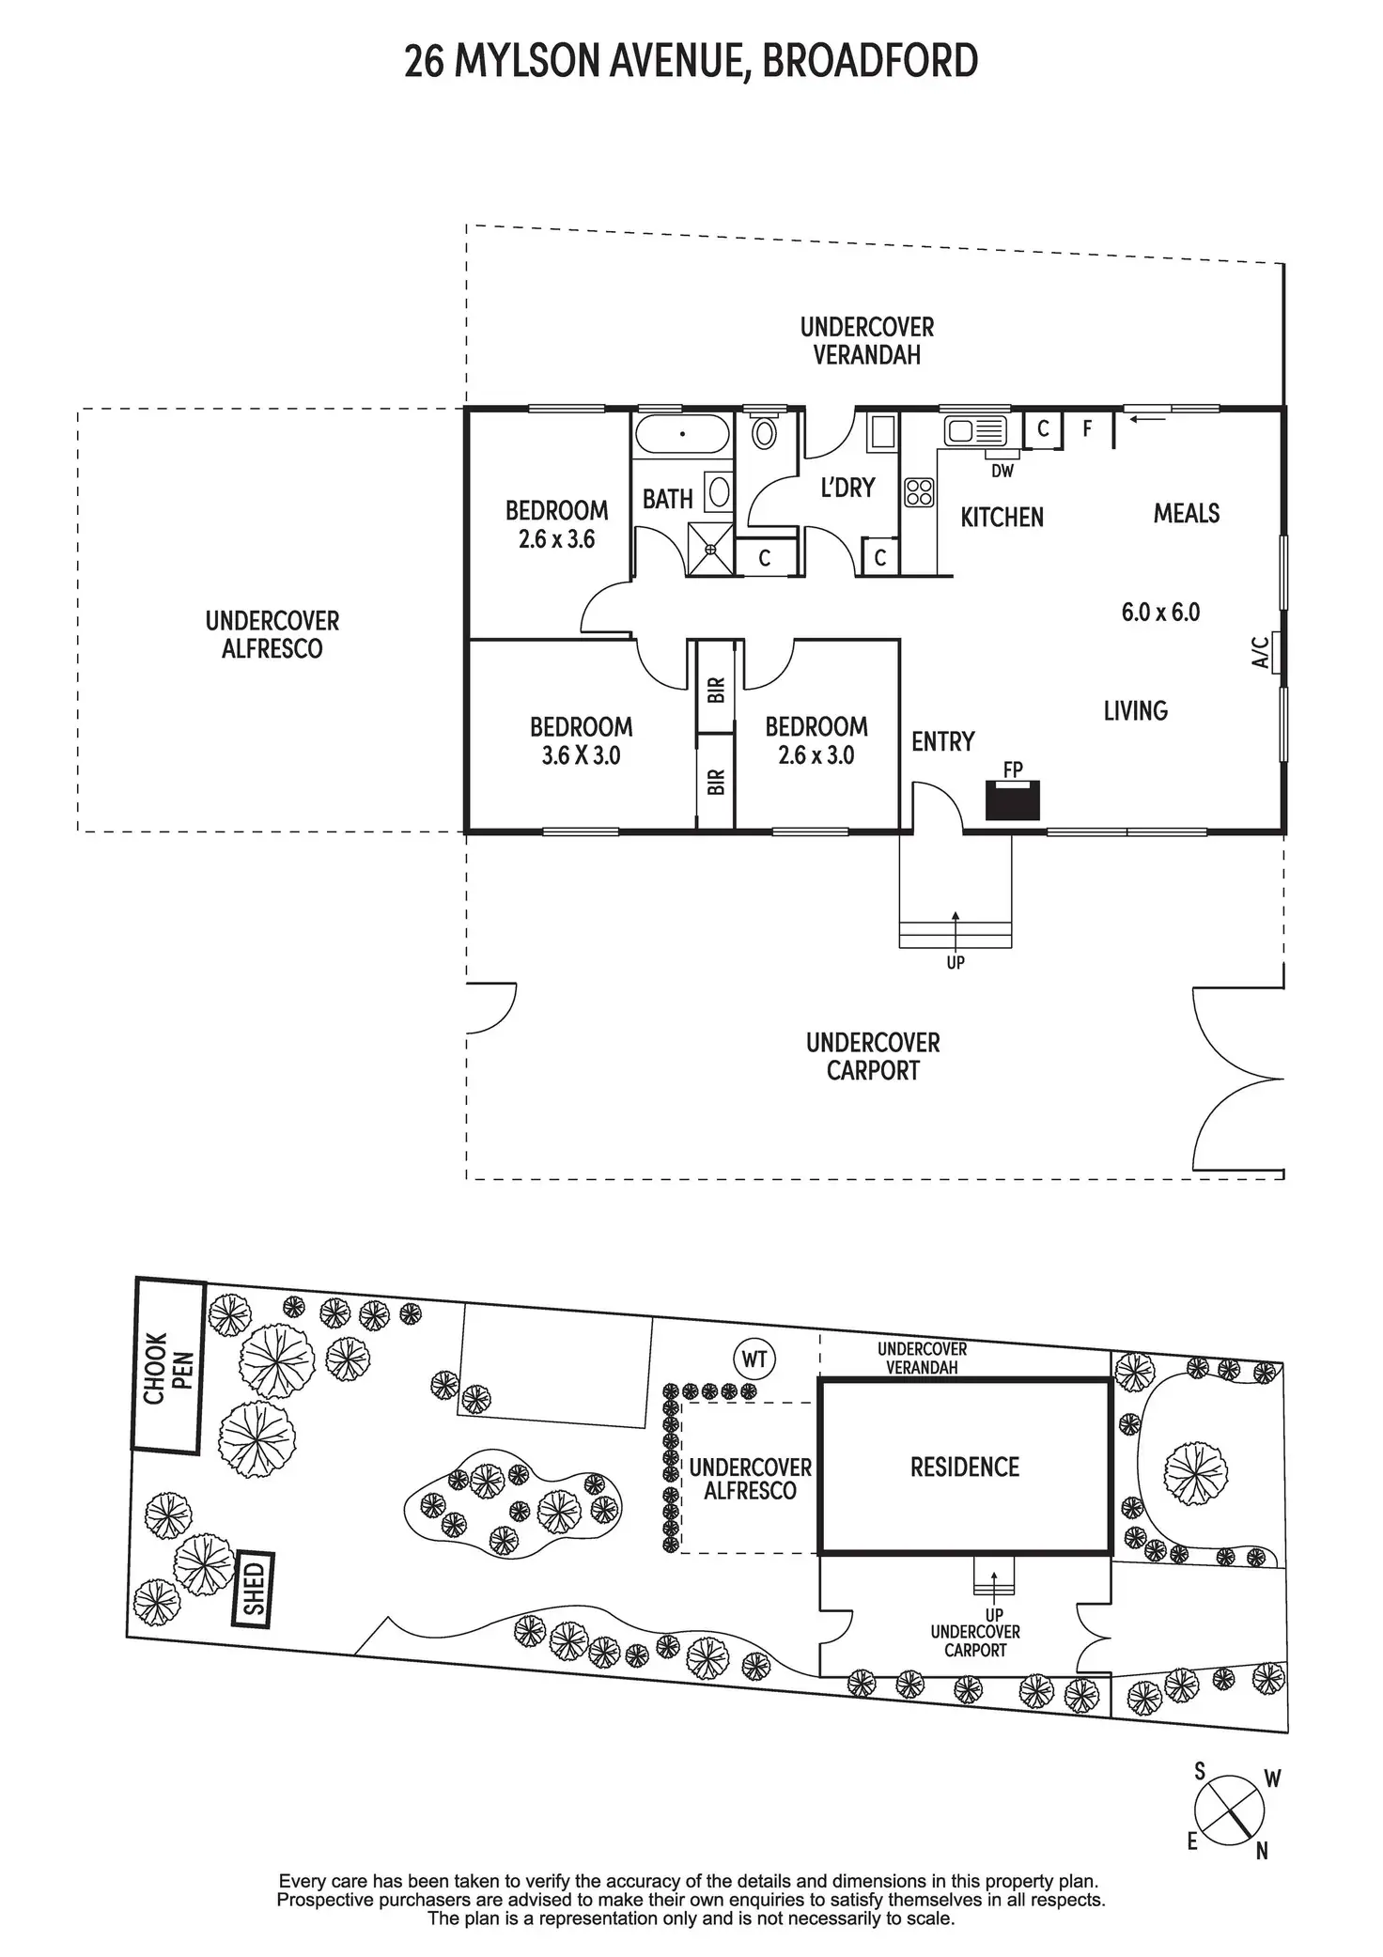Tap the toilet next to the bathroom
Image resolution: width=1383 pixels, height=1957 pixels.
(x=765, y=433)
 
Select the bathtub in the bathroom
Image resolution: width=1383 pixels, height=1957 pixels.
(x=682, y=435)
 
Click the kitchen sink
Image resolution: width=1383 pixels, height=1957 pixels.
(x=974, y=431)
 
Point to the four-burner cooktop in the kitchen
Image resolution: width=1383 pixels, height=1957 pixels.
(x=919, y=492)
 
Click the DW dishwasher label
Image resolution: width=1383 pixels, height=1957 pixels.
(x=1002, y=471)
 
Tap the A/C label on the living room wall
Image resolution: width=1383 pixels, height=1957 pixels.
(x=1262, y=652)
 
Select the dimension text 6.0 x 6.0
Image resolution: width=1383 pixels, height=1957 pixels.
(x=1160, y=613)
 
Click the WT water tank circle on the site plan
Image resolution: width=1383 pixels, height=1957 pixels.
(x=754, y=1359)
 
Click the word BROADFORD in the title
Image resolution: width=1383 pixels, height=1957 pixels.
(x=870, y=61)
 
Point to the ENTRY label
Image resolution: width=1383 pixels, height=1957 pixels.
(x=943, y=742)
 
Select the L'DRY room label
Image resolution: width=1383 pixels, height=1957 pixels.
(x=847, y=488)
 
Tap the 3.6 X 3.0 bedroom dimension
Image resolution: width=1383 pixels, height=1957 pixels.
(x=581, y=755)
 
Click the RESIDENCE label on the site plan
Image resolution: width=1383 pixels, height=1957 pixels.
(x=965, y=1468)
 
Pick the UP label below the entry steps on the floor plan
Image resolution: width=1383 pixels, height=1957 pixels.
(x=956, y=962)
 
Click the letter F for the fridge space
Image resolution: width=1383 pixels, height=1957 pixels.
(x=1087, y=429)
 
